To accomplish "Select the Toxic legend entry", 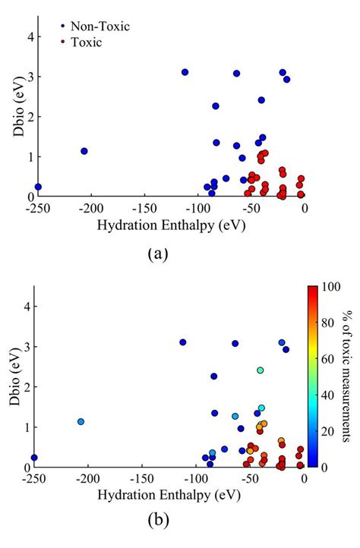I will coord(86,43).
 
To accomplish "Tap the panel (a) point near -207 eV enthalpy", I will coord(84,151).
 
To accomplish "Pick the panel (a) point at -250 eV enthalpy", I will coord(38,187).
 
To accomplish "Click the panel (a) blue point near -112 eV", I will coord(185,72).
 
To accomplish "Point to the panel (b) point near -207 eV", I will coord(81,421).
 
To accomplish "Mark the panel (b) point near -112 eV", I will coord(182,342).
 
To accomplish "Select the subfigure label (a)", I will coord(156,254).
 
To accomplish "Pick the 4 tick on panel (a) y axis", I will coord(26,36).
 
